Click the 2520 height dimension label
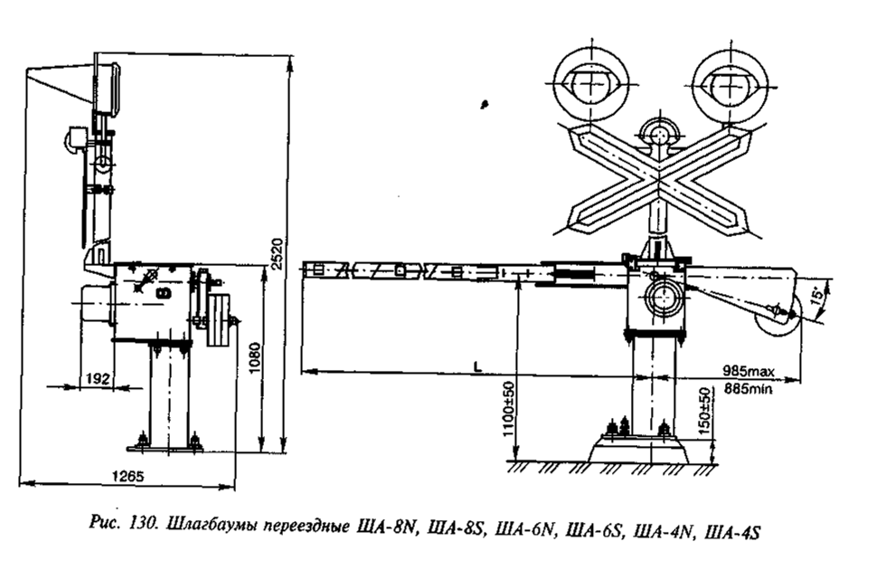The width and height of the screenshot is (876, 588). point(278,254)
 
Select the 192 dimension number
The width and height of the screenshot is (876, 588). point(98,378)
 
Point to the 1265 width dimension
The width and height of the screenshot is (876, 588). point(128,476)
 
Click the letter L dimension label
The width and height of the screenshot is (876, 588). point(477,366)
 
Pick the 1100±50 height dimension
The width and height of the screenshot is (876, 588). point(508,409)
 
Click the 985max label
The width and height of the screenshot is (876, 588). point(749,371)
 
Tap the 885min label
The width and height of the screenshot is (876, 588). point(749,388)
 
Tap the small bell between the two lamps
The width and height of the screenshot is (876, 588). point(660,134)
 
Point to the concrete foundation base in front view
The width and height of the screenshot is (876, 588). point(638,449)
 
